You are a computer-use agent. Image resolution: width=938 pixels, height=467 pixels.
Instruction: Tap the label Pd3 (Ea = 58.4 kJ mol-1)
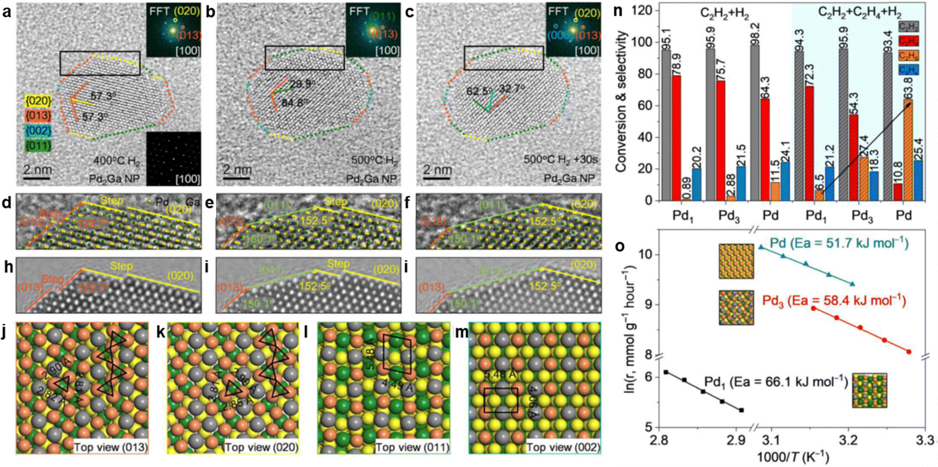[x=833, y=301]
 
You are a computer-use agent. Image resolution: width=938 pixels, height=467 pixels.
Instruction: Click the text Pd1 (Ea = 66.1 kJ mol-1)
[x=776, y=381]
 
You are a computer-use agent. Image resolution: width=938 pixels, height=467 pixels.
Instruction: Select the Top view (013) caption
[x=111, y=447]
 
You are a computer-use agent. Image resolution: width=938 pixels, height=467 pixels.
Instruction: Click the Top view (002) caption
[x=563, y=447]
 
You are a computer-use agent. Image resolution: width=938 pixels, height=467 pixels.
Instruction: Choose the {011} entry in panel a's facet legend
[x=38, y=145]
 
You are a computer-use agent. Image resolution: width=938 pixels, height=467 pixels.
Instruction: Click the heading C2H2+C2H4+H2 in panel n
[x=859, y=13]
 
